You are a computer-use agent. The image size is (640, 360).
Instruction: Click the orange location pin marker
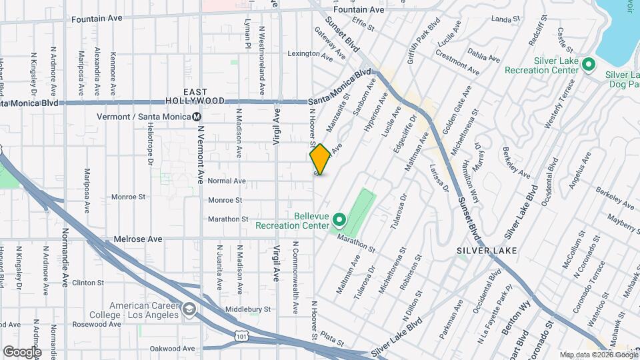pos(320,159)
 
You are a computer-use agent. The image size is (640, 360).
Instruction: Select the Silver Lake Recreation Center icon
pos(588,64)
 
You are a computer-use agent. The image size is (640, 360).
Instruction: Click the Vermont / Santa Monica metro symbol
pos(197,117)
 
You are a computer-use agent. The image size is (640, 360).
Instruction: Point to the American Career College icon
pos(190,309)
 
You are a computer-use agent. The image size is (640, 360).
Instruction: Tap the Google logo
pos(21,351)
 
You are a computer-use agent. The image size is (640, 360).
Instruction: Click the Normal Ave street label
pos(227,181)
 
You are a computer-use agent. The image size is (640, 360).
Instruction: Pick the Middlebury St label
pos(247,309)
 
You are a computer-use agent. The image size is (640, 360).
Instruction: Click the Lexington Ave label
pos(309,53)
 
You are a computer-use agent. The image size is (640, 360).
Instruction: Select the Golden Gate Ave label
pos(457,107)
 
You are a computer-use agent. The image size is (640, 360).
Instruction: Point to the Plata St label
pos(331,339)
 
